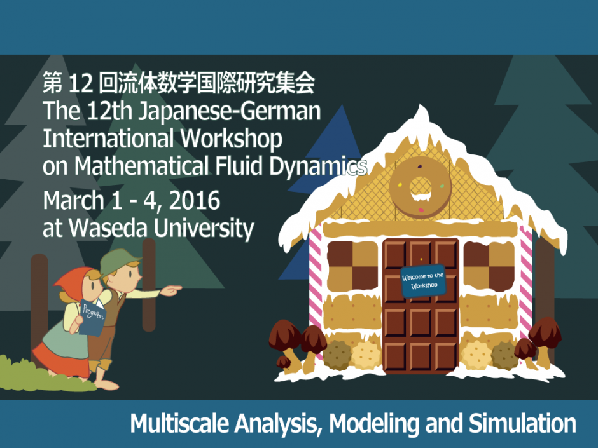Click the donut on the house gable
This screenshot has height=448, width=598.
pyautogui.click(x=420, y=186)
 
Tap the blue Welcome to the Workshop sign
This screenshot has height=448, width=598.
pyautogui.click(x=422, y=280)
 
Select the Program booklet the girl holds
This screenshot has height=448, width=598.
pyautogui.click(x=90, y=316)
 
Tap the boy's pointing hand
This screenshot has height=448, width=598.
pyautogui.click(x=171, y=290)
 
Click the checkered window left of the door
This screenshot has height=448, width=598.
pyautogui.click(x=352, y=264)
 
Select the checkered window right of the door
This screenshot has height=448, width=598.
pyautogui.click(x=489, y=264)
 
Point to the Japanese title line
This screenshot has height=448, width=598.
pyautogui.click(x=178, y=83)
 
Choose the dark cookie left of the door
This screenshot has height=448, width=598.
pyautogui.click(x=337, y=355)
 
